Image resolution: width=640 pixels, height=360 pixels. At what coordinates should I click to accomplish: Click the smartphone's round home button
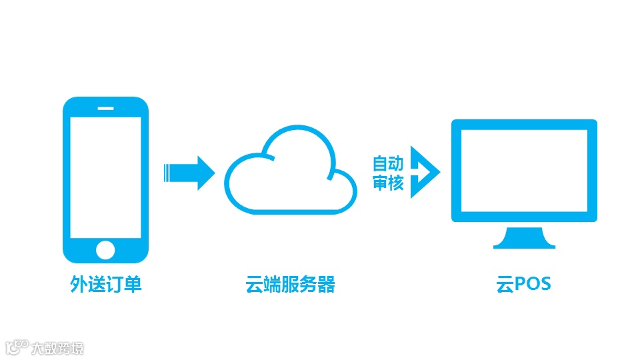pos(106,250)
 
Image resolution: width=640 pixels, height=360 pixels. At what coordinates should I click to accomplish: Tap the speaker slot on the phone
pos(106,107)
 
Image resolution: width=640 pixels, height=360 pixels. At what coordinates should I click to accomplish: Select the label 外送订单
pos(106,285)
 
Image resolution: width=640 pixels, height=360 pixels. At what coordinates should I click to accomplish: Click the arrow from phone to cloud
pos(189,173)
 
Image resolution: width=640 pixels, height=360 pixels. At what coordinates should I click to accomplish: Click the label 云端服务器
pos(290,285)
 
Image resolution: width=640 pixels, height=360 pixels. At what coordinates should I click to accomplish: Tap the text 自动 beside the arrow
pos(388,163)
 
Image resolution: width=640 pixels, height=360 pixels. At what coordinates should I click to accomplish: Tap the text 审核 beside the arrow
pos(388,183)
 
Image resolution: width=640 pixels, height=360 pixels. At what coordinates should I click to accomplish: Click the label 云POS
pos(524,285)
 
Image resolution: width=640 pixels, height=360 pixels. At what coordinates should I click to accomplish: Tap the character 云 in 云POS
pos(503,285)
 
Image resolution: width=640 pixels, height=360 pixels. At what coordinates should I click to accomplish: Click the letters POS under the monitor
pos(533,285)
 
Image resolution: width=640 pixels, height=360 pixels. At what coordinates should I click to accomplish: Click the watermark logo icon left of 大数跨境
pos(17,347)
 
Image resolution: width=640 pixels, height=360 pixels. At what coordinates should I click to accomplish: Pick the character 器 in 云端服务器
pos(326,285)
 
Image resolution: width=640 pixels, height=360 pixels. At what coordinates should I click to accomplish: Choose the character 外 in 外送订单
pos(79,285)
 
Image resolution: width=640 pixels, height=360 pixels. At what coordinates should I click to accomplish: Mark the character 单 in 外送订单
pos(133,285)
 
